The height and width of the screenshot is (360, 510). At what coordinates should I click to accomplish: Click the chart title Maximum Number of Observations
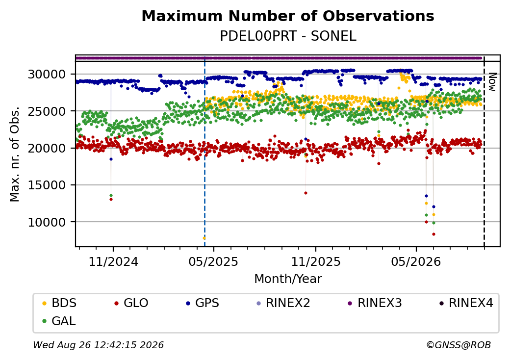click(x=288, y=16)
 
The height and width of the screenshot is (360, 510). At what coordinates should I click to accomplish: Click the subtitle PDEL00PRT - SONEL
click(x=288, y=36)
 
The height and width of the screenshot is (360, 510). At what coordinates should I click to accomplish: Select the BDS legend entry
click(x=59, y=303)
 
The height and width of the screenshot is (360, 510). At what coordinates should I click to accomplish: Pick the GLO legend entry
click(x=131, y=303)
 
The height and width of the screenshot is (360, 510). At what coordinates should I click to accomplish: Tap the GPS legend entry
click(x=203, y=303)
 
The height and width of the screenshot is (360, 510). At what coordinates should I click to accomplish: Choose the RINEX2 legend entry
click(x=283, y=303)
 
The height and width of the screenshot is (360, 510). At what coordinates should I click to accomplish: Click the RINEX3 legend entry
click(x=375, y=303)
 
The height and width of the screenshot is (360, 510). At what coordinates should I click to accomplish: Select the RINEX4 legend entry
click(x=466, y=303)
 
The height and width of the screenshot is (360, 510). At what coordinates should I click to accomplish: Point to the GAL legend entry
click(x=59, y=321)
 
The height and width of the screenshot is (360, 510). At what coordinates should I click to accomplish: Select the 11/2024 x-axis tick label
click(x=113, y=261)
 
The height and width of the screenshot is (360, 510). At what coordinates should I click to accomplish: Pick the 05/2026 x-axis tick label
click(x=416, y=261)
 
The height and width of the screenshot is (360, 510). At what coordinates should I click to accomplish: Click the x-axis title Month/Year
click(x=288, y=279)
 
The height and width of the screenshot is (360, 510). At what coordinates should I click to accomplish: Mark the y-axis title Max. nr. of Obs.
click(x=14, y=154)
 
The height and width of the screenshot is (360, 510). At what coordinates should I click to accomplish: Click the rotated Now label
click(x=492, y=82)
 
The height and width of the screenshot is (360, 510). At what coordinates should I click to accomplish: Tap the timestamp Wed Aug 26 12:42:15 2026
click(x=99, y=345)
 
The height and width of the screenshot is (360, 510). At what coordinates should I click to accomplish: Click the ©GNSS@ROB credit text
click(x=459, y=345)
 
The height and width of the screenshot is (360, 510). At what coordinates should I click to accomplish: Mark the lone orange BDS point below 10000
click(x=204, y=238)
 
